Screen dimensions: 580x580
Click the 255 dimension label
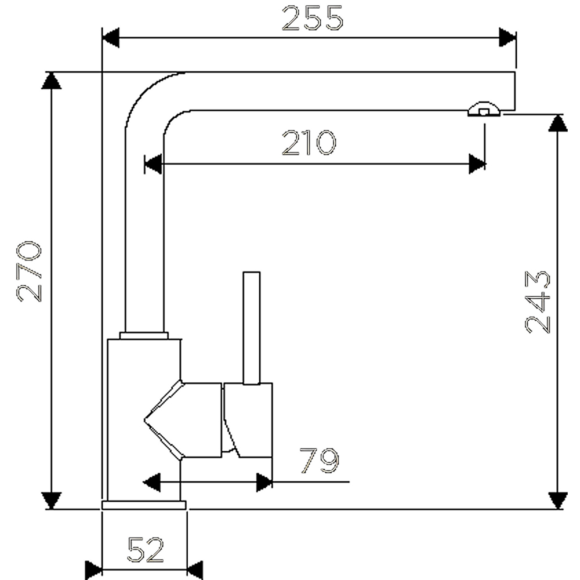point(313,19)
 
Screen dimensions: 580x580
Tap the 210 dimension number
point(309,143)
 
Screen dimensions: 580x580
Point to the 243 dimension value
point(538,302)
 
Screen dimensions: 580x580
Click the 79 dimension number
point(319,461)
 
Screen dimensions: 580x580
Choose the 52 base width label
point(146,549)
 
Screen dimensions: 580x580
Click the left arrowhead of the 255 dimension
point(111,38)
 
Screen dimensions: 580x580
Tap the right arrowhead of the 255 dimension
point(507,37)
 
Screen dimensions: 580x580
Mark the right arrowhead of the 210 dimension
point(477,164)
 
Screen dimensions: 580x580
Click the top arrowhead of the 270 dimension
point(52,81)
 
